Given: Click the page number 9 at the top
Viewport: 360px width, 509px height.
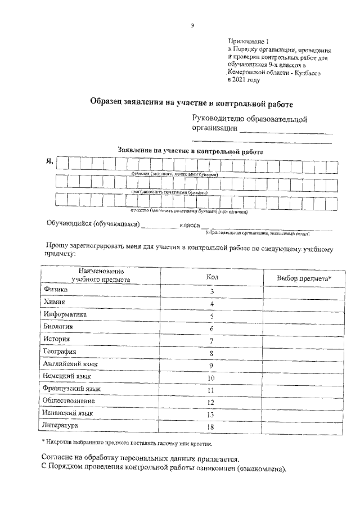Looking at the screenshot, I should click(x=192, y=25).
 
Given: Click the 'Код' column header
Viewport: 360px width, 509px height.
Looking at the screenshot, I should click(x=212, y=277).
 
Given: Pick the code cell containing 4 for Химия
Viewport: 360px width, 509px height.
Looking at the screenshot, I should click(x=212, y=304).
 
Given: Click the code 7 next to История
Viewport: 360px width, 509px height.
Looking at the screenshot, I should click(x=212, y=341).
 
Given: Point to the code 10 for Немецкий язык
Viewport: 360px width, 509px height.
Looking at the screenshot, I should click(x=212, y=378).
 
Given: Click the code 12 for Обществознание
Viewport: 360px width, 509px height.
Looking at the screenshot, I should click(x=212, y=403).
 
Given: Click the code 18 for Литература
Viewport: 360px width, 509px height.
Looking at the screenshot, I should click(x=212, y=427).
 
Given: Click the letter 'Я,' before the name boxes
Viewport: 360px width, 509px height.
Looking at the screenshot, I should click(x=49, y=163).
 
